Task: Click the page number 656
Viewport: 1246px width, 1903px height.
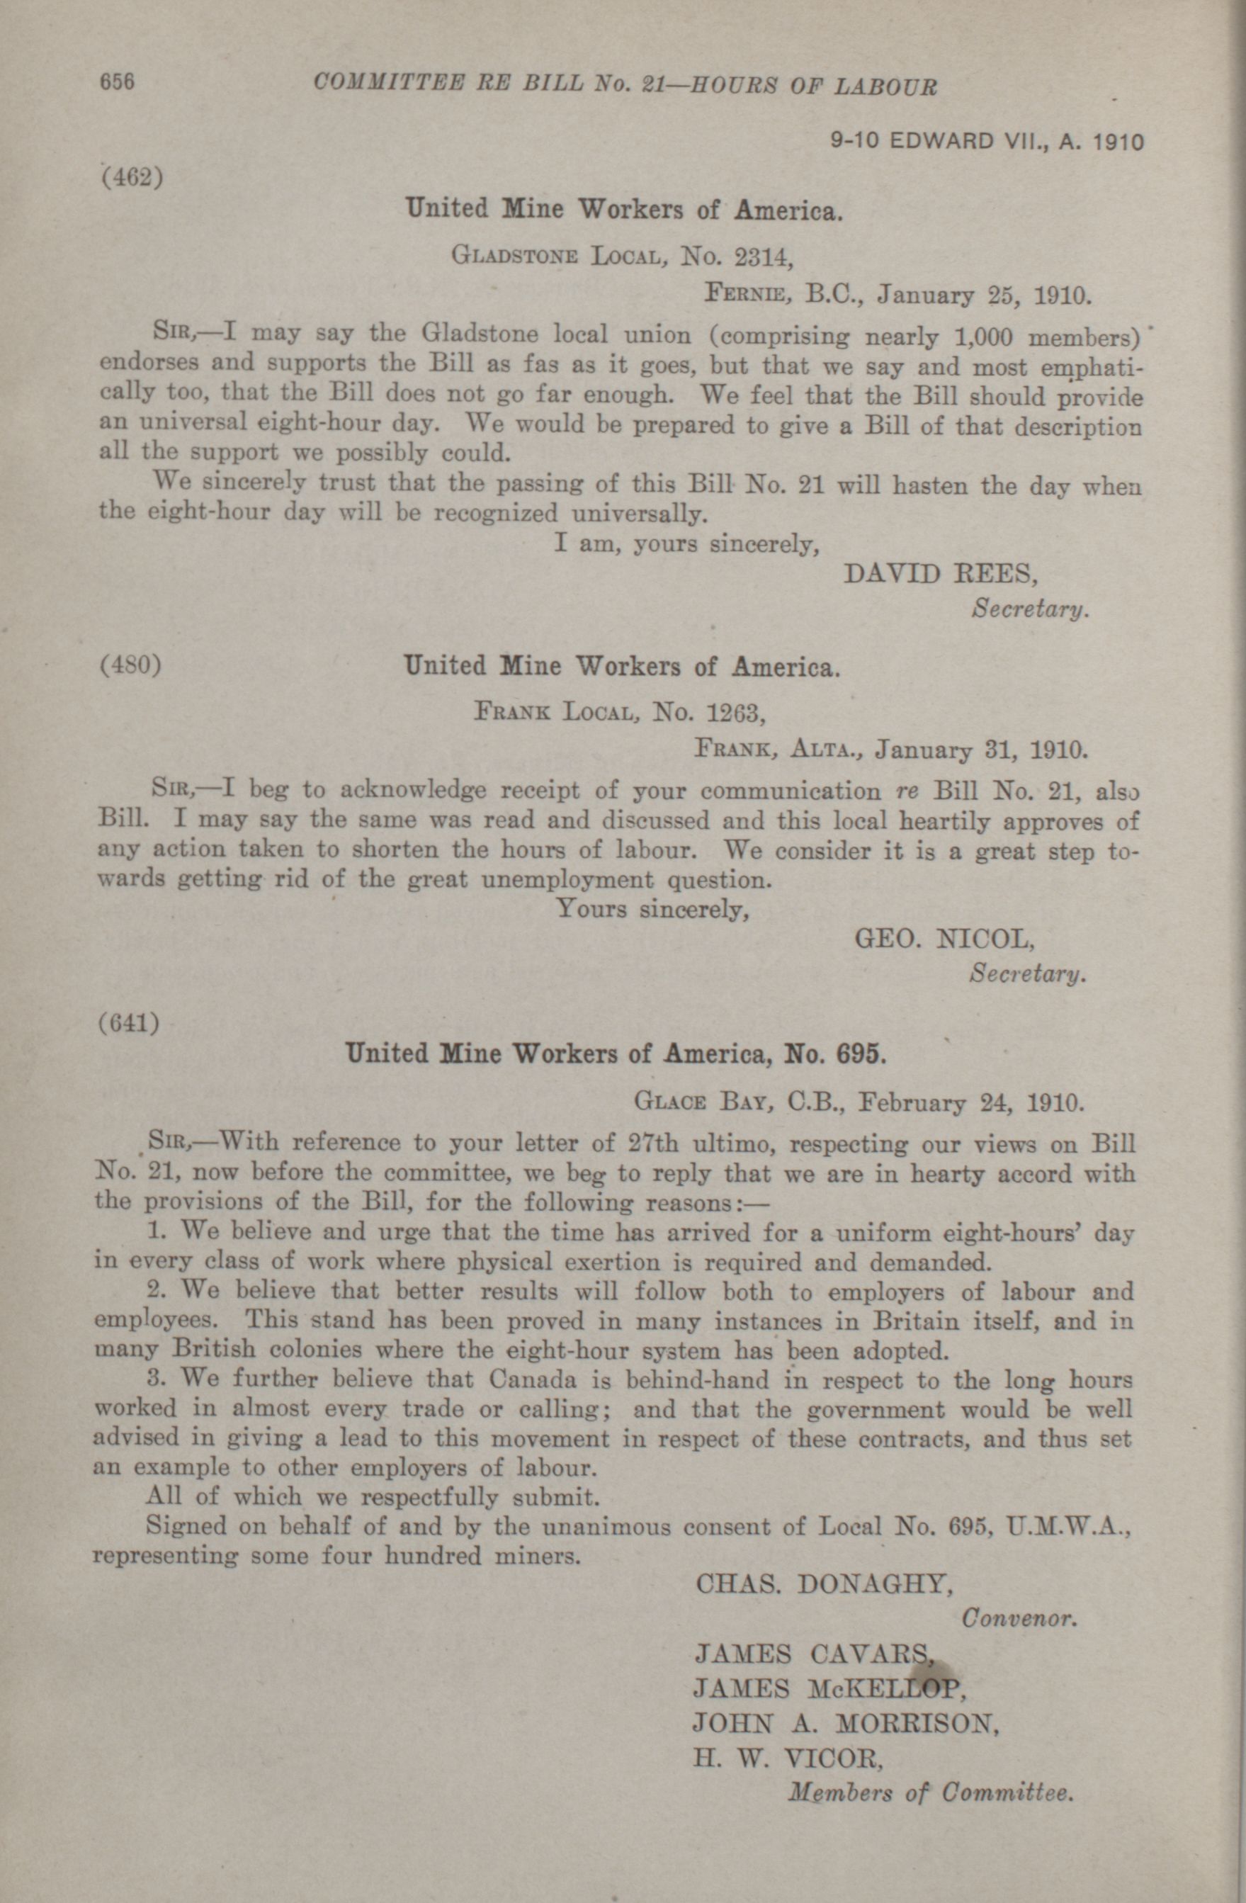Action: (x=116, y=82)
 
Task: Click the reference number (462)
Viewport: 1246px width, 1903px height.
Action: (x=132, y=176)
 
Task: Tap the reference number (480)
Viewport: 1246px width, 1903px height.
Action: (x=130, y=665)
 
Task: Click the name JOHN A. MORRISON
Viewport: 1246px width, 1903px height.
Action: (x=846, y=1722)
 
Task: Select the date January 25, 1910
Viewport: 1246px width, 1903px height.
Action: (x=983, y=296)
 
